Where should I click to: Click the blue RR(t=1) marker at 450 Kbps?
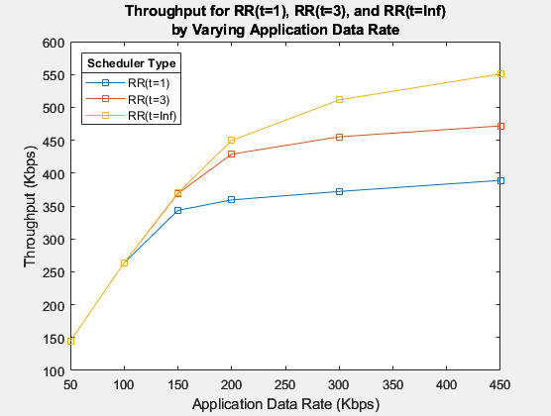[501, 180]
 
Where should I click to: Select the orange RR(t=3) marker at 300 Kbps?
[340, 137]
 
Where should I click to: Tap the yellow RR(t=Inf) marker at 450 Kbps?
[501, 73]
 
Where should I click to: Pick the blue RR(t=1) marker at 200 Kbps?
[232, 200]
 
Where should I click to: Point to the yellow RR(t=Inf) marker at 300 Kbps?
[340, 99]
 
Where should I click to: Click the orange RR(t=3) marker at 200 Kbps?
[232, 155]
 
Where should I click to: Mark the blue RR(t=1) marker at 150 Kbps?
[177, 210]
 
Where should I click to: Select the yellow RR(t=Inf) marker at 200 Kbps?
[232, 140]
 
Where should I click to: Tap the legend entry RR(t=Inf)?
[152, 115]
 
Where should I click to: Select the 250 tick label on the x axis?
[285, 384]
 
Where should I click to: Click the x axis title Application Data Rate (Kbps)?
[285, 403]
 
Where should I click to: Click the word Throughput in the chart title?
[164, 13]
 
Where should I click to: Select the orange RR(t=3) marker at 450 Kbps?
[501, 126]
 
